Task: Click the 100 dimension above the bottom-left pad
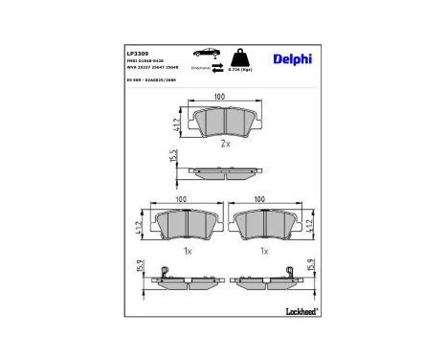click(181, 200)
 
